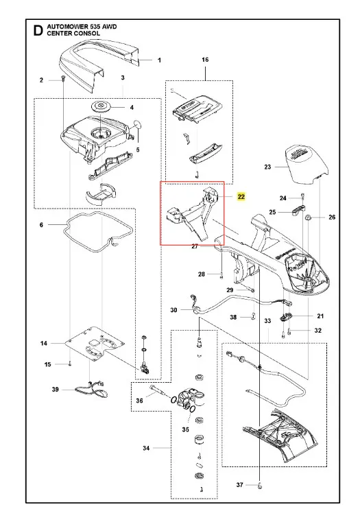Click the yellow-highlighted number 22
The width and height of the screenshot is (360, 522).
click(x=241, y=197)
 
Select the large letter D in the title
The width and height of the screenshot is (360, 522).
click(x=38, y=30)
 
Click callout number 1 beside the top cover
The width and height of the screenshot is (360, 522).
click(x=159, y=60)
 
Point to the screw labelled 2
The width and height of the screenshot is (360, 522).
click(x=62, y=79)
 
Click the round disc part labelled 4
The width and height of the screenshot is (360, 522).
click(x=101, y=107)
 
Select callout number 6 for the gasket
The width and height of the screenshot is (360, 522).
click(x=41, y=225)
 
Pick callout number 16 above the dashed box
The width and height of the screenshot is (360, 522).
click(x=205, y=60)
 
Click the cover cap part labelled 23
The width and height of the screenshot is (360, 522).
click(x=308, y=163)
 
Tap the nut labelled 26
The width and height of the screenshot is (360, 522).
click(x=308, y=218)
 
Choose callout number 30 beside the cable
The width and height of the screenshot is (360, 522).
click(x=173, y=310)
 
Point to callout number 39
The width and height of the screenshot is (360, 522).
click(x=56, y=390)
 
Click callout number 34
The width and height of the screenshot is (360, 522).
click(x=146, y=448)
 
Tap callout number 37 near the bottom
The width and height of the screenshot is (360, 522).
click(x=239, y=485)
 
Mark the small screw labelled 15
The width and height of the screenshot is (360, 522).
click(x=70, y=364)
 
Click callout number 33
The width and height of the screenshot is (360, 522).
click(x=268, y=321)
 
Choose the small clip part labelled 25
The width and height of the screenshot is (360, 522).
click(x=300, y=211)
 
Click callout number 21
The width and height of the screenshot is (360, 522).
click(x=320, y=316)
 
